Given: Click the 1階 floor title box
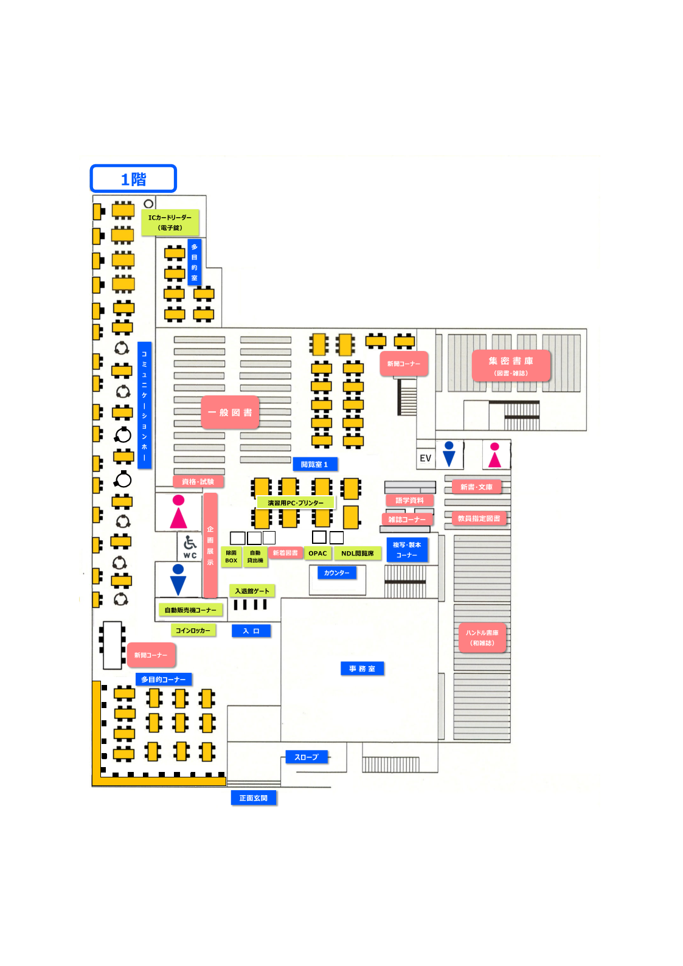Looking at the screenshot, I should coord(133,179).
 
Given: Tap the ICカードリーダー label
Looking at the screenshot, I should coord(170,223).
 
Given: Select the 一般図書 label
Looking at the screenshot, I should coord(230,412).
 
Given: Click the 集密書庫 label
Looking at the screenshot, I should coord(511,366).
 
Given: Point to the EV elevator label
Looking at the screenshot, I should coord(425,458).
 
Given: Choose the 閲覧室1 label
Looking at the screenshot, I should coord(314,464).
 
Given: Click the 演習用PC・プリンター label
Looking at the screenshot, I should coord(296,503).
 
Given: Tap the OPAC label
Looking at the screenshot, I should coord(317,554).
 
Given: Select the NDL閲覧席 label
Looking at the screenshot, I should coord(358,554).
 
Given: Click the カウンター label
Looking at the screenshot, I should coord(336,572).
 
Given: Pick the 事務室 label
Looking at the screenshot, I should coord(362,669).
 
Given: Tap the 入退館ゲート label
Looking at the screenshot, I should coord(252,591).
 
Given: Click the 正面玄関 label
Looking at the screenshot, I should coord(253,797).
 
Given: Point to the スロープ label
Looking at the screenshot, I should coord(307,757).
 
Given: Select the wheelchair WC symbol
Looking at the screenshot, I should coord(190,546).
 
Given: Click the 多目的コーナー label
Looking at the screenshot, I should coord(164,679).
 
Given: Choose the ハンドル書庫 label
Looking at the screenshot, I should coord(482,638).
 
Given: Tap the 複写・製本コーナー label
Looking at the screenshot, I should coord(407,550).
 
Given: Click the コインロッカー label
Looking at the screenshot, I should coord(193,630).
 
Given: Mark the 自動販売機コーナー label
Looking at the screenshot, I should coord(190,610).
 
